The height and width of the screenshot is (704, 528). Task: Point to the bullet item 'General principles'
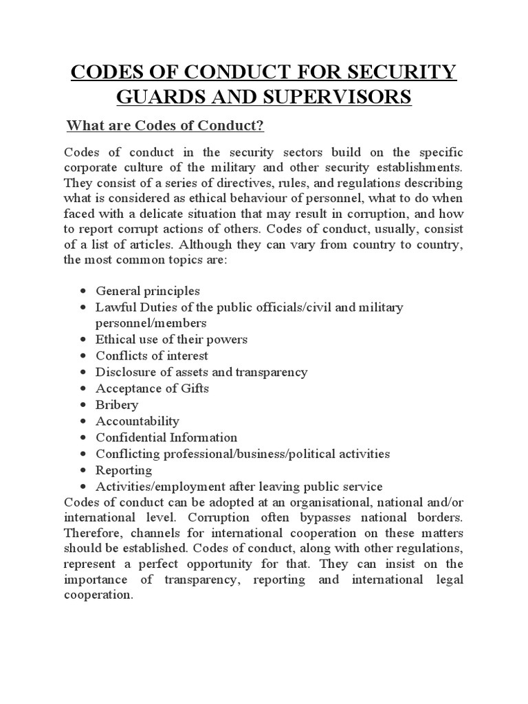click(x=148, y=291)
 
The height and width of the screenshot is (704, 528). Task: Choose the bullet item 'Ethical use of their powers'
click(x=171, y=340)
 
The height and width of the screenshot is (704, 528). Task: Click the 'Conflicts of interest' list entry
click(x=152, y=356)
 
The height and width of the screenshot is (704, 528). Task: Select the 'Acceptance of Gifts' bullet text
click(x=152, y=388)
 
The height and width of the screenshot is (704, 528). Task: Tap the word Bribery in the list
click(x=117, y=405)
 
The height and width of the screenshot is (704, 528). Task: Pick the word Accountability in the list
click(x=137, y=421)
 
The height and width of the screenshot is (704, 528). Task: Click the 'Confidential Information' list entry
click(x=166, y=437)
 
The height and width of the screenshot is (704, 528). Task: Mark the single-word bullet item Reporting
click(x=124, y=470)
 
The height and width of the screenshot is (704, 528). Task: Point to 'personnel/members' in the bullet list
click(x=151, y=322)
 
